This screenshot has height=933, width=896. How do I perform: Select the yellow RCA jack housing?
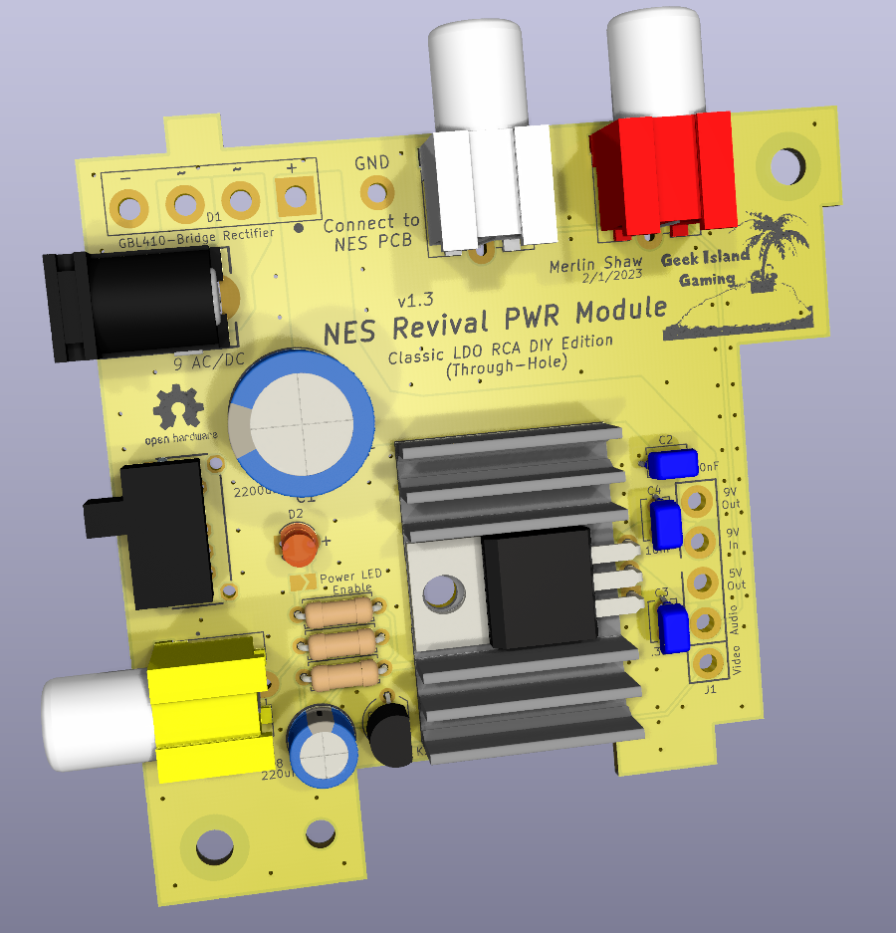(x=207, y=709)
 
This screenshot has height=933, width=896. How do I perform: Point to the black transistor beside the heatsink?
(x=389, y=734)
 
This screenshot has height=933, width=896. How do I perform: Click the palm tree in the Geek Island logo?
(x=773, y=244)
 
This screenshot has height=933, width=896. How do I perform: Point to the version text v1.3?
(x=417, y=300)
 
